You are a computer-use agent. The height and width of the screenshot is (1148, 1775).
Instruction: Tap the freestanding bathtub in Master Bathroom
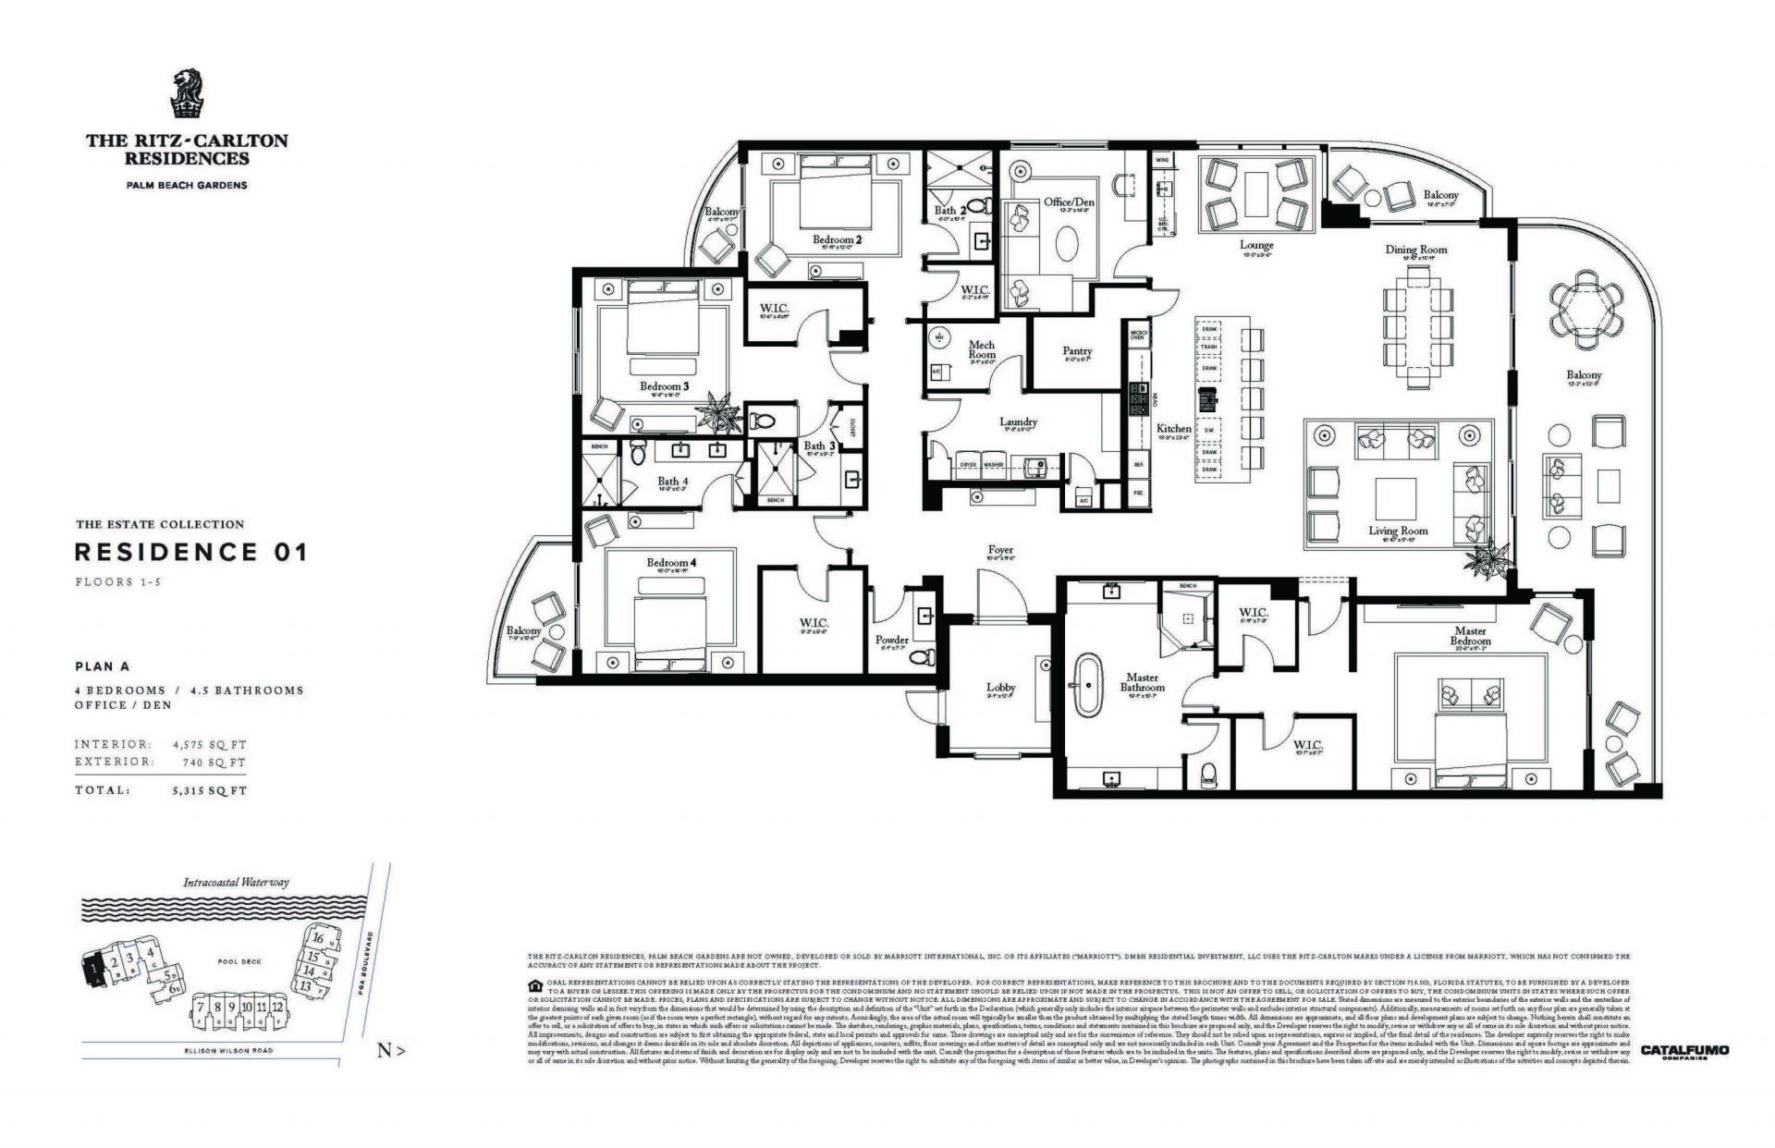[x=1089, y=686]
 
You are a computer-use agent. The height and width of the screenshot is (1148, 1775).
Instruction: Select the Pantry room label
[x=1077, y=350]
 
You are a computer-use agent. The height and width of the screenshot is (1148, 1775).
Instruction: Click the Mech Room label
[x=982, y=349]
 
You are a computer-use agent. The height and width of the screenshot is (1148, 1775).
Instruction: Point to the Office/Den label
[x=1070, y=202]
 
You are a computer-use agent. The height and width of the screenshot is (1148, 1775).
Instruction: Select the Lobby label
[x=1000, y=687]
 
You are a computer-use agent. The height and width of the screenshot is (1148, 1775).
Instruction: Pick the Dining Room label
[x=1415, y=250]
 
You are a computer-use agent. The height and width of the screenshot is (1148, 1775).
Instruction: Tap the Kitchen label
[x=1174, y=429]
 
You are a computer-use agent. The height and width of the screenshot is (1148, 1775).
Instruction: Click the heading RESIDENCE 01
[x=190, y=553]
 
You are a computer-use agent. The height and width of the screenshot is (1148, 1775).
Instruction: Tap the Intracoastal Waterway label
[x=236, y=882]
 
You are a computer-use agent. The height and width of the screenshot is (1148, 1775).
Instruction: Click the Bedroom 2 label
[x=837, y=240]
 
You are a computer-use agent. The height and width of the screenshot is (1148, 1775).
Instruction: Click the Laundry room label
[x=1018, y=421]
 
